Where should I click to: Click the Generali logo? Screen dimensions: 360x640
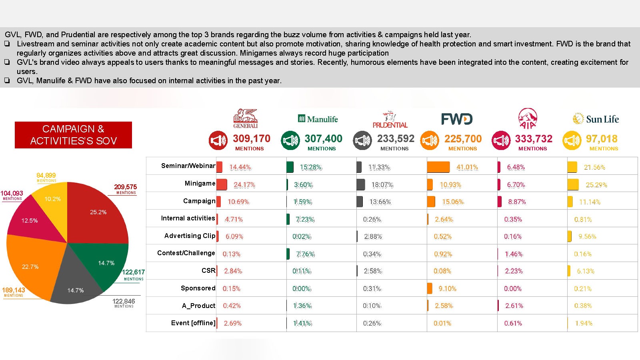tap(246, 118)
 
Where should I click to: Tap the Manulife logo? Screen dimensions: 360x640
tap(318, 119)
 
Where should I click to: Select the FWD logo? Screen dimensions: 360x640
tap(457, 119)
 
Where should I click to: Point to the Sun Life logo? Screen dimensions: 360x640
tap(596, 119)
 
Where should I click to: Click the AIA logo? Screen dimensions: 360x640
tap(528, 118)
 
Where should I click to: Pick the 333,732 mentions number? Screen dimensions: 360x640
tap(534, 139)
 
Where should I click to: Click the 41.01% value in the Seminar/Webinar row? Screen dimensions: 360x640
tap(467, 167)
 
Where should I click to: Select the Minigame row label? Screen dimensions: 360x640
tap(200, 183)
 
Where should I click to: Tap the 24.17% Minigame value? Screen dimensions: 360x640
tap(244, 185)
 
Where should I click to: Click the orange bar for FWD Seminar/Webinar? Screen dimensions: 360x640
tap(438, 167)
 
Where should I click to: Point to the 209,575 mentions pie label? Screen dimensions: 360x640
tap(125, 187)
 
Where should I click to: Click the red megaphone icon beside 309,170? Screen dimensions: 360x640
tap(218, 140)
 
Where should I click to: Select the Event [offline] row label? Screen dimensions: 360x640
tap(193, 323)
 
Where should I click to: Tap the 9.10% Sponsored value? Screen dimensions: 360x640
tap(447, 288)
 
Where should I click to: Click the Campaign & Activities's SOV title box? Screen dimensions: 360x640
tap(73, 135)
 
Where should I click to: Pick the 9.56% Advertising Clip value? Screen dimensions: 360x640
tap(587, 236)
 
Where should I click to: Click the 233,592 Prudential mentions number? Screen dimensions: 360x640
tap(396, 139)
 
